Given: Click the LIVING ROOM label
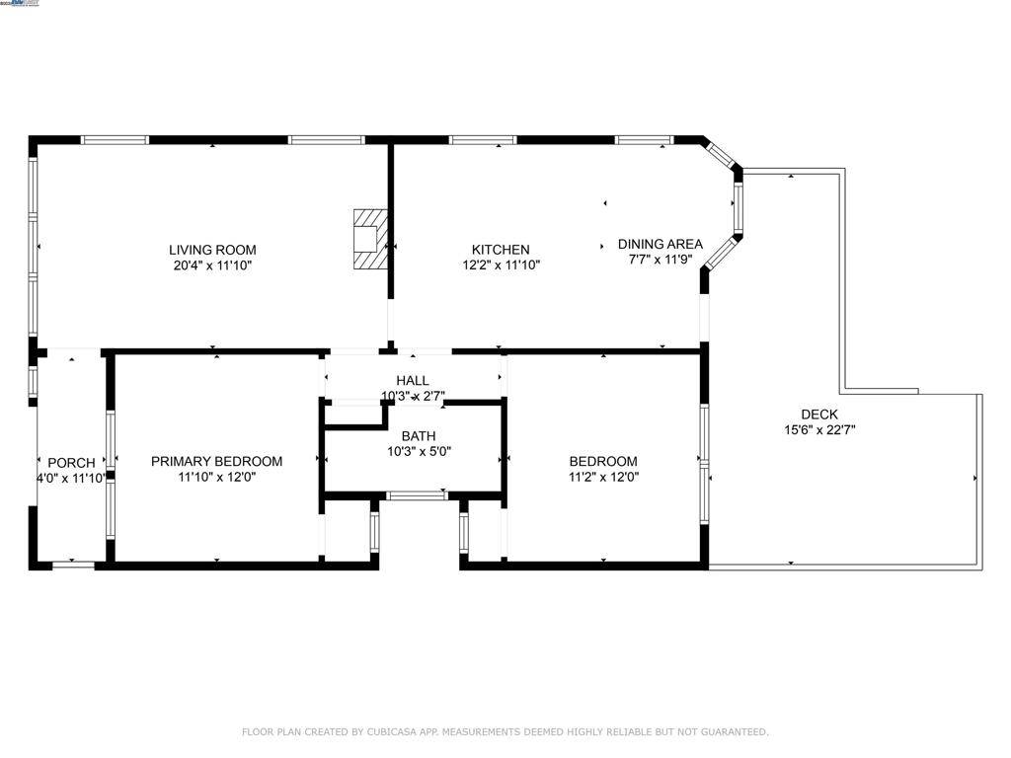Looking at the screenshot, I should pos(212,250).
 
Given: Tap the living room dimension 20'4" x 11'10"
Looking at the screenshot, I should pos(212,265).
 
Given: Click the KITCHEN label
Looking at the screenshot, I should pos(501,250).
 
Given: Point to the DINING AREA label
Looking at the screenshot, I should pos(661,244).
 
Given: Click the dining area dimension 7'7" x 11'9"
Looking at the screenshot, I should pos(661,260).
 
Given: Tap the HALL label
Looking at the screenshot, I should pos(413,380).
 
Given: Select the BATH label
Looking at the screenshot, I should pos(419,436).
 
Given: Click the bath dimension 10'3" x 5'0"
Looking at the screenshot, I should pos(419,452).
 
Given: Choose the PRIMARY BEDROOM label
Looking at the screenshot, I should pos(216,461).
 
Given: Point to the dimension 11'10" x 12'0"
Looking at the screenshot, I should pos(216,477).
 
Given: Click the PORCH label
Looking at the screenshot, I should pos(72,463).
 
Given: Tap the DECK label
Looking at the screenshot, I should pos(819,415).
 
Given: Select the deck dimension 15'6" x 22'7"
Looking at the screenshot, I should pos(819,430).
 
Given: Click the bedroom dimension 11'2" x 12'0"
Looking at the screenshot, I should pos(603,477).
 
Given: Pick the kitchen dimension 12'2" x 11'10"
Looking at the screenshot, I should pos(501,265).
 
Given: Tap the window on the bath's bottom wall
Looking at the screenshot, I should pos(416,495).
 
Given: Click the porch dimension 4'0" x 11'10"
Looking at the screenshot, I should pos(72,479).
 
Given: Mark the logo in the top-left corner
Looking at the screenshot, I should pos(21,4).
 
